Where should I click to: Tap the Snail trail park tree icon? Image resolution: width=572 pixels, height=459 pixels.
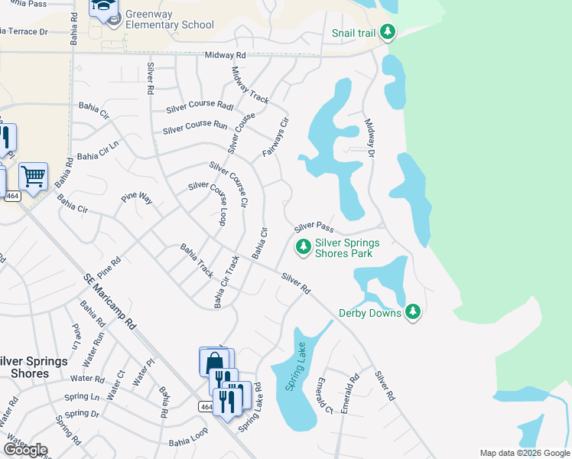[388, 32]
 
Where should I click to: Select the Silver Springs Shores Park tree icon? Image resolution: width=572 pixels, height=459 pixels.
[303, 246]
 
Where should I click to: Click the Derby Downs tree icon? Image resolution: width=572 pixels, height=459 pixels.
[413, 311]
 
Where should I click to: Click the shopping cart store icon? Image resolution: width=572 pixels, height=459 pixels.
[33, 177]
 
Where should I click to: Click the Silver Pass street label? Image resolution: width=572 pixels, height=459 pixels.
[314, 227]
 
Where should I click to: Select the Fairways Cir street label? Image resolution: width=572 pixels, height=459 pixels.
[276, 138]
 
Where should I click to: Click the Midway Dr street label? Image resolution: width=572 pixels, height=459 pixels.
[370, 138]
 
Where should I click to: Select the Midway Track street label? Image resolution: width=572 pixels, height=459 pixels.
[250, 86]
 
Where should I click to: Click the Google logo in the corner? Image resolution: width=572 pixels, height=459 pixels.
[25, 450]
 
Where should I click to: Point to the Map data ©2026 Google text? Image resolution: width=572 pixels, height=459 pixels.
[525, 453]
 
